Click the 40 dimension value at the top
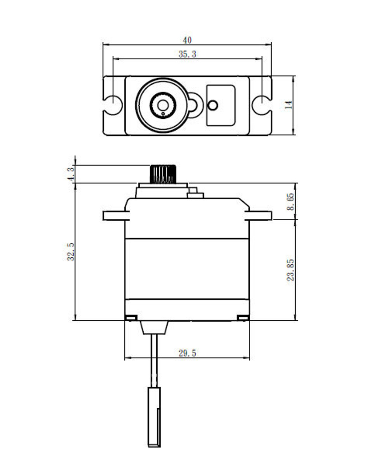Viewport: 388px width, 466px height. click(187, 40)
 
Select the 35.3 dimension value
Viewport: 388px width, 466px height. click(187, 54)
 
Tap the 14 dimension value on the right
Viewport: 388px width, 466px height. click(288, 105)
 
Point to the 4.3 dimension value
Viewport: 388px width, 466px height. click(71, 174)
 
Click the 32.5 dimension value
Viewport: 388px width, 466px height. click(71, 252)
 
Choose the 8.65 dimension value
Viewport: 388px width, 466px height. click(291, 202)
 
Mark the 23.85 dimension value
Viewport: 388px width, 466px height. click(291, 270)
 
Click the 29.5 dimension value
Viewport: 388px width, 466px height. click(187, 353)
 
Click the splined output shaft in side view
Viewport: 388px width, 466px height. click(163, 174)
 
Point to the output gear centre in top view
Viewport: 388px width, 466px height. click(163, 105)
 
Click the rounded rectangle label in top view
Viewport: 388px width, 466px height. click(221, 105)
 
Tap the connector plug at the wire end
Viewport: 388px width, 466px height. click(154, 417)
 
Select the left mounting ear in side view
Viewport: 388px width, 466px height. click(116, 216)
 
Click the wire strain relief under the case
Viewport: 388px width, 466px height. click(154, 327)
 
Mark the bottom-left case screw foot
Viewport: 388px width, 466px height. click(131, 318)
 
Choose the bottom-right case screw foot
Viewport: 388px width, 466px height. click(243, 318)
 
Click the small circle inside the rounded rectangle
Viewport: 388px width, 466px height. click(213, 106)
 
